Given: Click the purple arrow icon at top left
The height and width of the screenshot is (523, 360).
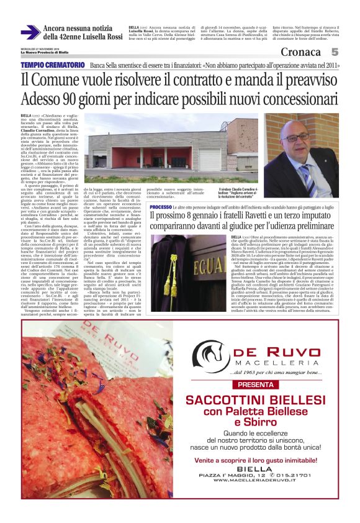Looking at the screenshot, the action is [30, 32].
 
